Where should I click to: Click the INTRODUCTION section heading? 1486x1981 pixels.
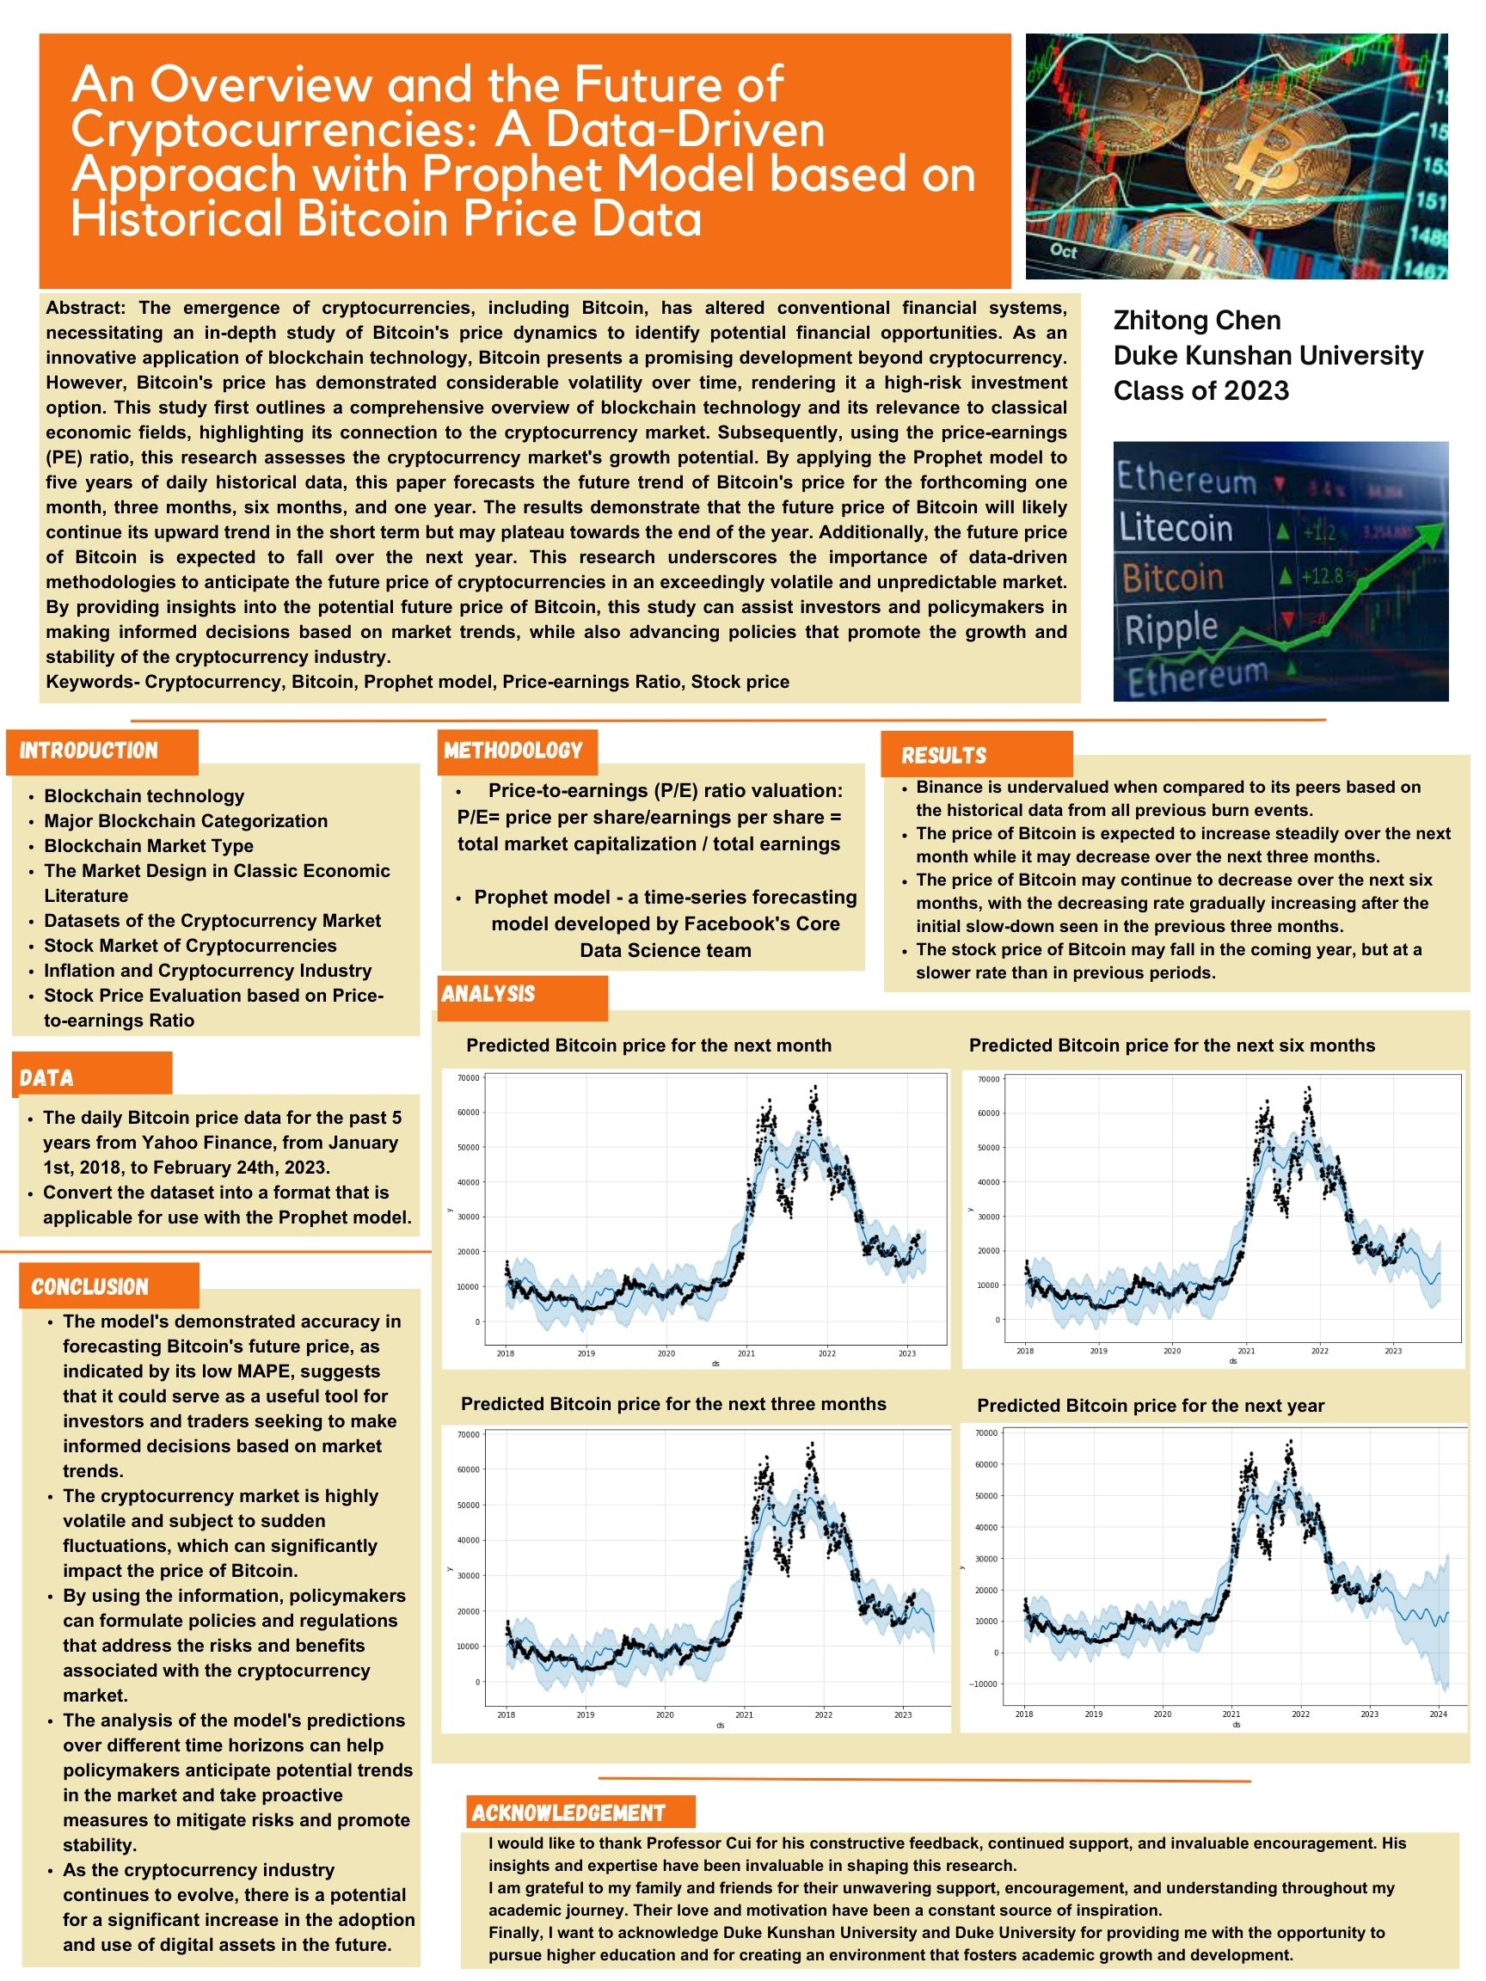pyautogui.click(x=89, y=751)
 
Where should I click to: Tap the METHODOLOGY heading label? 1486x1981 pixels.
pyautogui.click(x=513, y=751)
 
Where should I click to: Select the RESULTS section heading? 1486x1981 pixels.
pyautogui.click(x=943, y=755)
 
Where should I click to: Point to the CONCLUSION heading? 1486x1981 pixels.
pyautogui.click(x=89, y=1287)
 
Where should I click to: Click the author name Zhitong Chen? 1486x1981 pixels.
pyautogui.click(x=1196, y=320)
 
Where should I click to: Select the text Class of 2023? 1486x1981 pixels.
pyautogui.click(x=1200, y=390)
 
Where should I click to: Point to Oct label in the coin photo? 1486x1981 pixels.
pyautogui.click(x=1063, y=252)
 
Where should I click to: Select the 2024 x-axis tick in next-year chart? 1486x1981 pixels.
pyautogui.click(x=1438, y=1714)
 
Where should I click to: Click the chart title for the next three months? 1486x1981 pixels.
pyautogui.click(x=673, y=1403)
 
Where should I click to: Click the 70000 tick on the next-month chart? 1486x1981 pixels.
pyautogui.click(x=468, y=1078)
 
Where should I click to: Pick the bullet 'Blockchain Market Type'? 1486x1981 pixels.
pyautogui.click(x=149, y=845)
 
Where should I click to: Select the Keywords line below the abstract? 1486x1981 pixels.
pyautogui.click(x=417, y=682)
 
